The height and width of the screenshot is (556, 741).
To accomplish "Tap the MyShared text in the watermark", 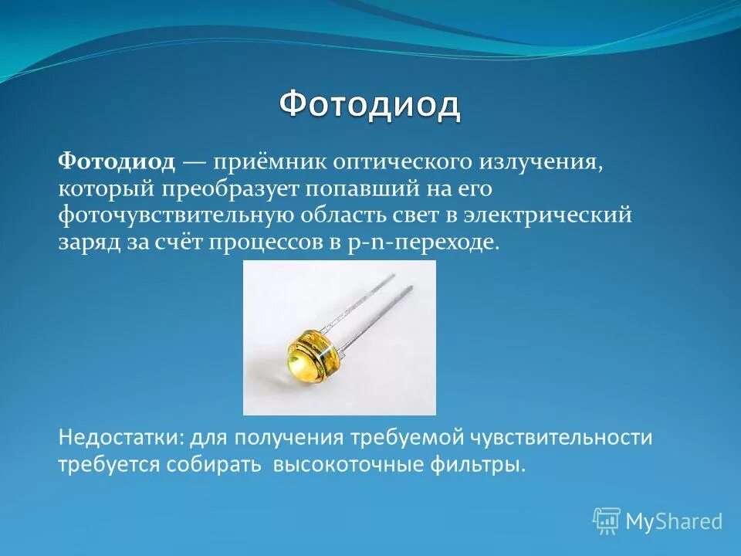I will click(x=673, y=521).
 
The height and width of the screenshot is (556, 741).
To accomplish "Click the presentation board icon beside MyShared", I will click(x=607, y=520).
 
